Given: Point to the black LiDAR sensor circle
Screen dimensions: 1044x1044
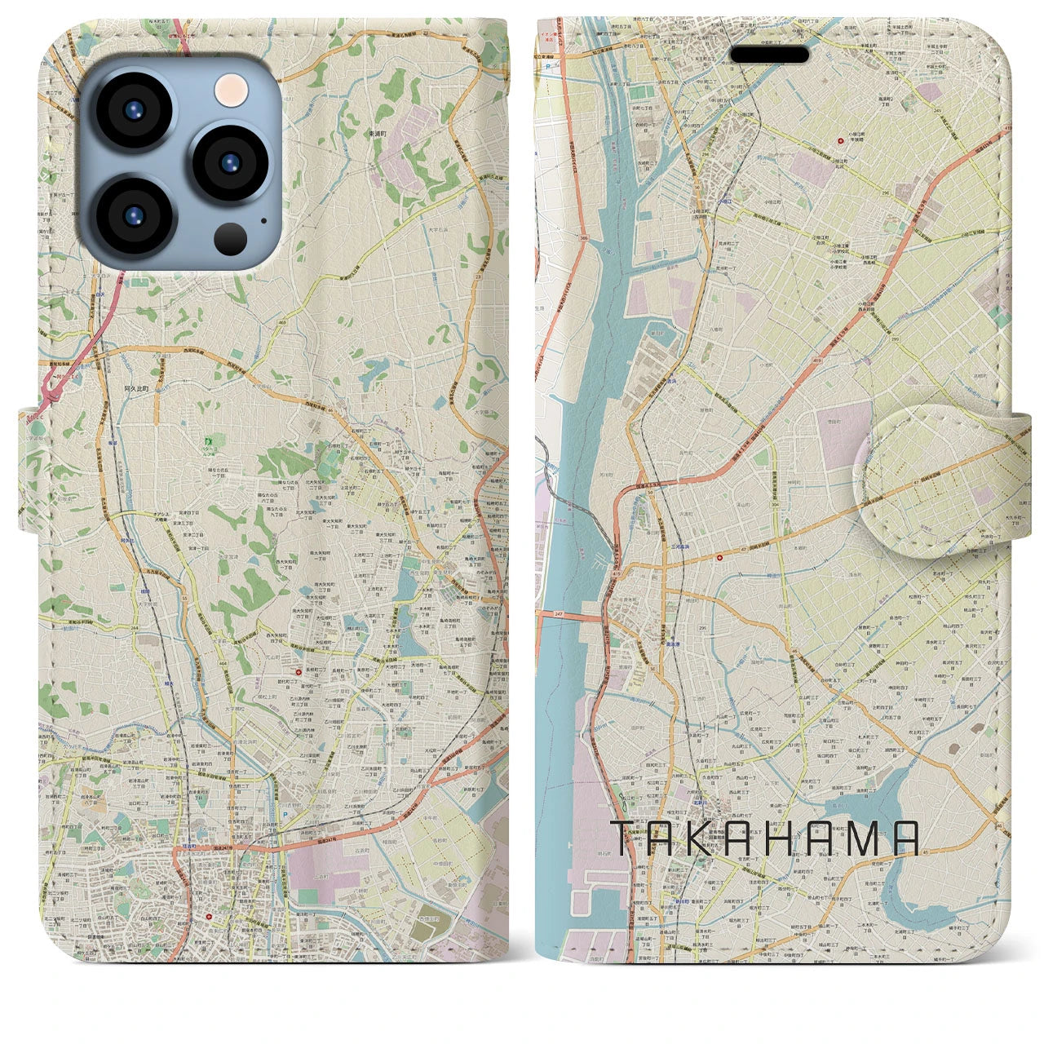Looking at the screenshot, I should [231, 239].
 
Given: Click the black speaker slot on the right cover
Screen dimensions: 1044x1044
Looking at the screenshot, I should [768, 55].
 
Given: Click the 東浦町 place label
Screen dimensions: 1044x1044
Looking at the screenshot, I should [376, 133].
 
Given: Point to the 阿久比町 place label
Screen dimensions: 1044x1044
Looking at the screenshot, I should [137, 390].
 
